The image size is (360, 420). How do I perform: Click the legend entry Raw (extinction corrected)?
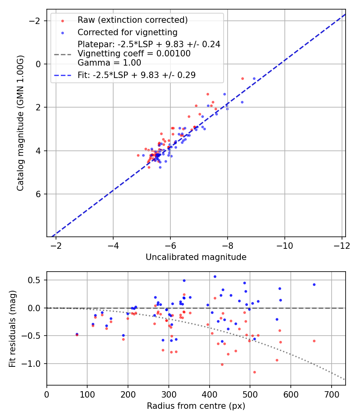(x=132, y=20)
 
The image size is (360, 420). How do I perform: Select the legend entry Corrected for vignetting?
(x=127, y=32)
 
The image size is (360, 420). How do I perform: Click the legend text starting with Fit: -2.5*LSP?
(x=136, y=75)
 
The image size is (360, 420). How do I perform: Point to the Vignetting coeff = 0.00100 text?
(x=134, y=54)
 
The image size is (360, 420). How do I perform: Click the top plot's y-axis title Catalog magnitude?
(x=20, y=123)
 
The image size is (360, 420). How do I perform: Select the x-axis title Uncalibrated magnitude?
(x=196, y=257)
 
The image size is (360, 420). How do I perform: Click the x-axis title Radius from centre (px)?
(x=196, y=406)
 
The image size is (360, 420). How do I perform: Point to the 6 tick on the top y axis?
(x=39, y=194)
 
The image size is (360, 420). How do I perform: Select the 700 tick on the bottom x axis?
(x=331, y=394)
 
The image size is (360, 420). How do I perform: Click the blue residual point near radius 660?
(x=314, y=284)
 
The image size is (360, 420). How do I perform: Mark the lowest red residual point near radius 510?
(x=254, y=372)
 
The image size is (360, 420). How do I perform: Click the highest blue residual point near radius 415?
(x=215, y=276)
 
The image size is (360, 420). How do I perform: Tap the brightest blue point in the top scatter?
(x=254, y=78)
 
